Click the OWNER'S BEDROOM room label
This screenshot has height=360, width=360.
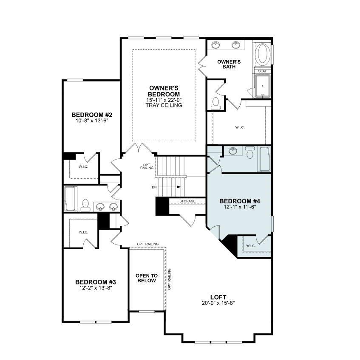point(164,91)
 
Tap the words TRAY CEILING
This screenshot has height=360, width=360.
point(164,105)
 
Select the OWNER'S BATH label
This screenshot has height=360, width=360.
point(229,64)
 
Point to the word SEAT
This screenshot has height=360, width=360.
point(262,71)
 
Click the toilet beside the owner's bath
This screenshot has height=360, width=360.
point(216,103)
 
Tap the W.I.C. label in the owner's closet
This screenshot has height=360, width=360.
point(240,127)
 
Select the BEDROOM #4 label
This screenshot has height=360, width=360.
point(239,201)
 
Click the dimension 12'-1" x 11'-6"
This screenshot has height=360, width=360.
point(239,208)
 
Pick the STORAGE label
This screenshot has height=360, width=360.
point(187,201)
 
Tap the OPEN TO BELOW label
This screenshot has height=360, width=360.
point(146,278)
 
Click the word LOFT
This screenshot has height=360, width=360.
point(218,297)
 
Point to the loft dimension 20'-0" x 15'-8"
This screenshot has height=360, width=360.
point(218,303)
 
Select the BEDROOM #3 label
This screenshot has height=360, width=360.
point(96,282)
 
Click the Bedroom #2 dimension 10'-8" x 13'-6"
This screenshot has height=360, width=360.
point(91,121)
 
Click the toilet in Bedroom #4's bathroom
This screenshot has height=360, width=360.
point(250,152)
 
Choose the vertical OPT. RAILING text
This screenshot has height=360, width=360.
point(169,279)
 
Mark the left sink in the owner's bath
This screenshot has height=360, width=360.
point(216,45)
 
